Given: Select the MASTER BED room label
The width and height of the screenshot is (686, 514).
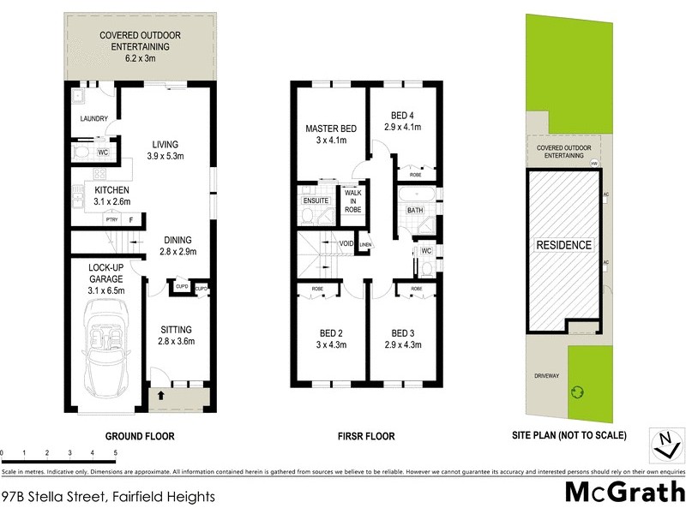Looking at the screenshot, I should pos(331,129).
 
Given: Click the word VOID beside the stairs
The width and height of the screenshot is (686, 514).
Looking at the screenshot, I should pos(346,243).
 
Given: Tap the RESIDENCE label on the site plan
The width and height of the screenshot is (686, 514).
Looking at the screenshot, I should pos(563,245).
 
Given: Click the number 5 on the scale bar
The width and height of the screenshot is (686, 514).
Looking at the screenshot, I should pos(115,452).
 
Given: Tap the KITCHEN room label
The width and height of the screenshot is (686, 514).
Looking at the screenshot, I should pos(112,189).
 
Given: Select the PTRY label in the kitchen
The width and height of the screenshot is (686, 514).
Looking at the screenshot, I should pos(111,220).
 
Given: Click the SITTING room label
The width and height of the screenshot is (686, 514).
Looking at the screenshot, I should pos(175,329).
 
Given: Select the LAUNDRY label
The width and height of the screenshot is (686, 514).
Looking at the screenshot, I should pos(93,119).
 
